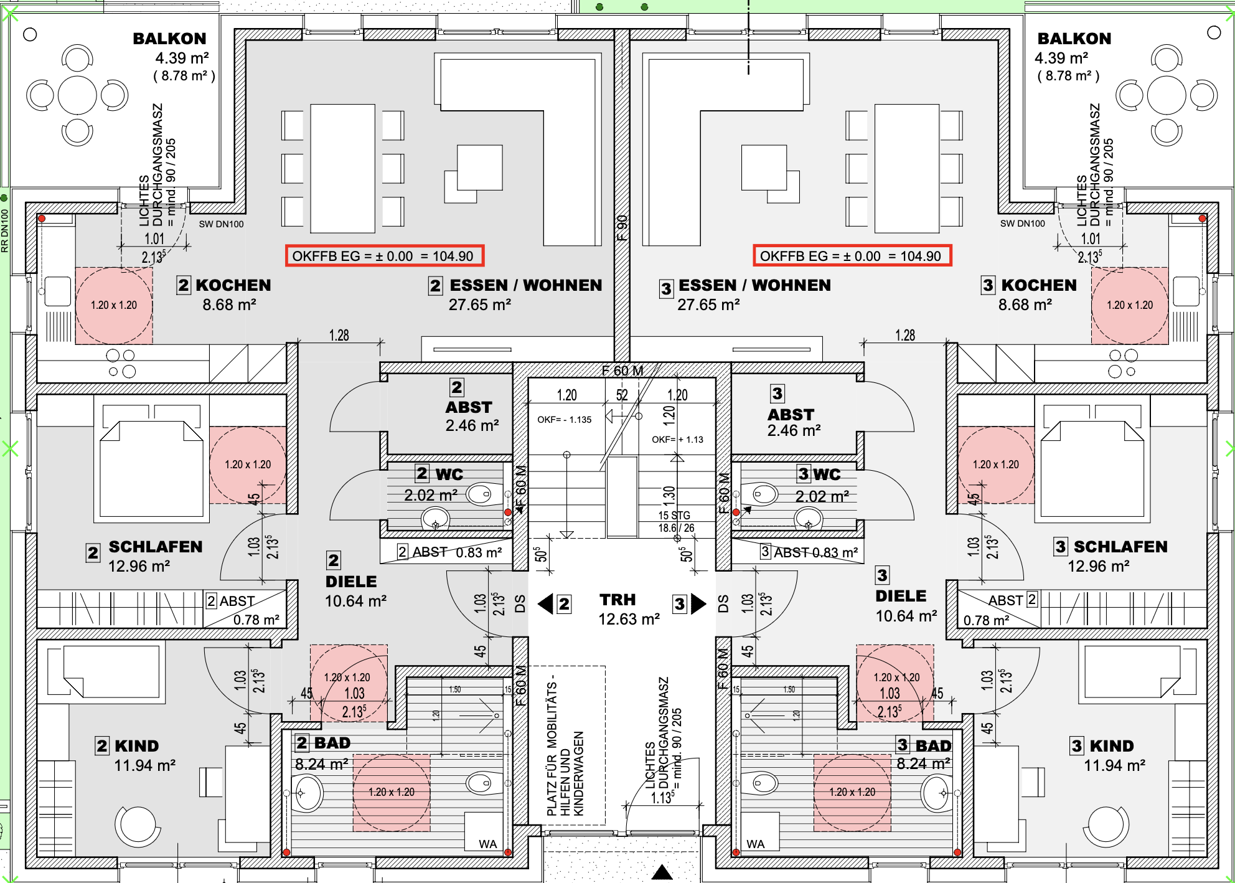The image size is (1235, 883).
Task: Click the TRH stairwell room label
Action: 617,600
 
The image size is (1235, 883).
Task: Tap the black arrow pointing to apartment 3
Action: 698,603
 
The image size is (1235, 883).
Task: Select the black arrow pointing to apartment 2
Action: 545,603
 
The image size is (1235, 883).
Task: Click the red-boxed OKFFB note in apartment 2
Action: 384,256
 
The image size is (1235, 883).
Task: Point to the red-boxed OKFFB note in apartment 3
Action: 852,256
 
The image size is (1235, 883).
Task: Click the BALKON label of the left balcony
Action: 169,39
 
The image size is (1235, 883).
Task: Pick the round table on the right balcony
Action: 1166,95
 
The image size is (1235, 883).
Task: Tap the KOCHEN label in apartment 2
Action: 233,285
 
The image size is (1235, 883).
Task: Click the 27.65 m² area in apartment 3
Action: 708,305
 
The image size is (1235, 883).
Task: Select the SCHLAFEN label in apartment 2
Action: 156,547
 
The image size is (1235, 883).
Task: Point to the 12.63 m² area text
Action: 629,619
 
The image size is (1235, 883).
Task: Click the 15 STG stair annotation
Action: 674,516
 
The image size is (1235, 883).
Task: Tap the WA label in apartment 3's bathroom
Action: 755,844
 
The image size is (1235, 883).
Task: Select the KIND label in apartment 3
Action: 1112,746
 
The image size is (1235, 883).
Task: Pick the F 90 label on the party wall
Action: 622,228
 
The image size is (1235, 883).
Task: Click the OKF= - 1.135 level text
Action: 565,420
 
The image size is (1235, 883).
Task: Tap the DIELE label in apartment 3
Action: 901,596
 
